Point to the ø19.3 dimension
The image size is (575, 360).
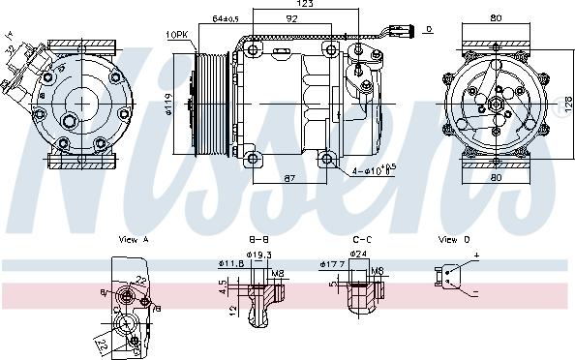click(257, 255)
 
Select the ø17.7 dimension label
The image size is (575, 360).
click(332, 263)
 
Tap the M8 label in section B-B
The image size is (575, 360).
click(279, 272)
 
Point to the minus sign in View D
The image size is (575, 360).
click(475, 292)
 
